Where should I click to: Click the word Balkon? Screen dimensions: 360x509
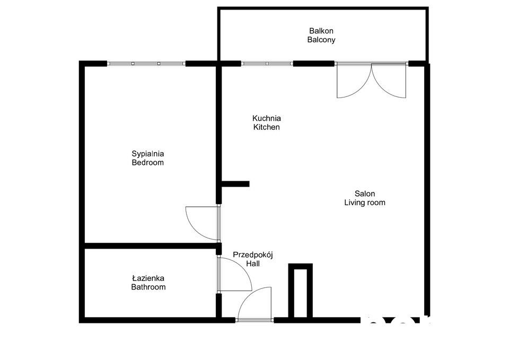point(321,31)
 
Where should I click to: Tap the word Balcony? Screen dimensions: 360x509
point(321,40)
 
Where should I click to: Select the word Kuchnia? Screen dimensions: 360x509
point(266,118)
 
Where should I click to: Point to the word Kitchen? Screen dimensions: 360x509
point(266,127)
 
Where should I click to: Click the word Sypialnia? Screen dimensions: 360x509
point(147,154)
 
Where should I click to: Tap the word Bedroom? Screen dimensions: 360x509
point(147,163)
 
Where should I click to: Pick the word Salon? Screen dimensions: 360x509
point(365,194)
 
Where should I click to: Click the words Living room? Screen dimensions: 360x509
point(365,203)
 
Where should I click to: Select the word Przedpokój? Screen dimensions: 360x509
point(252,254)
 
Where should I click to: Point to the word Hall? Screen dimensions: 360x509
point(252,264)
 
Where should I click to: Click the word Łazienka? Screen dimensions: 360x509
point(148,278)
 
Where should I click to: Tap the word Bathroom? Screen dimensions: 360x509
point(148,287)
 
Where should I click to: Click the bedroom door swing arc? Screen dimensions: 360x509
point(196,223)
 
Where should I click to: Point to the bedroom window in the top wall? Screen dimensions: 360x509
point(146,64)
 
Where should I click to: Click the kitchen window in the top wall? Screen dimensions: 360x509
point(267,64)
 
